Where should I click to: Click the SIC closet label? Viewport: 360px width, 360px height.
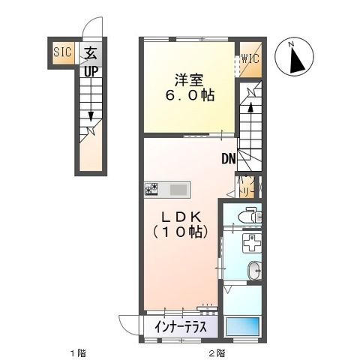[61, 52]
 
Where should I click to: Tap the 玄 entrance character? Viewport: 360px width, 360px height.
[90, 53]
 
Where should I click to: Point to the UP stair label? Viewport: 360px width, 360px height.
[90, 72]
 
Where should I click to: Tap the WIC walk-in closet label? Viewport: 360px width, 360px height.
[250, 57]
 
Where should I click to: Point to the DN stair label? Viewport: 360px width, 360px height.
[228, 159]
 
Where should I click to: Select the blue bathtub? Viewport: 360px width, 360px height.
[244, 327]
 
